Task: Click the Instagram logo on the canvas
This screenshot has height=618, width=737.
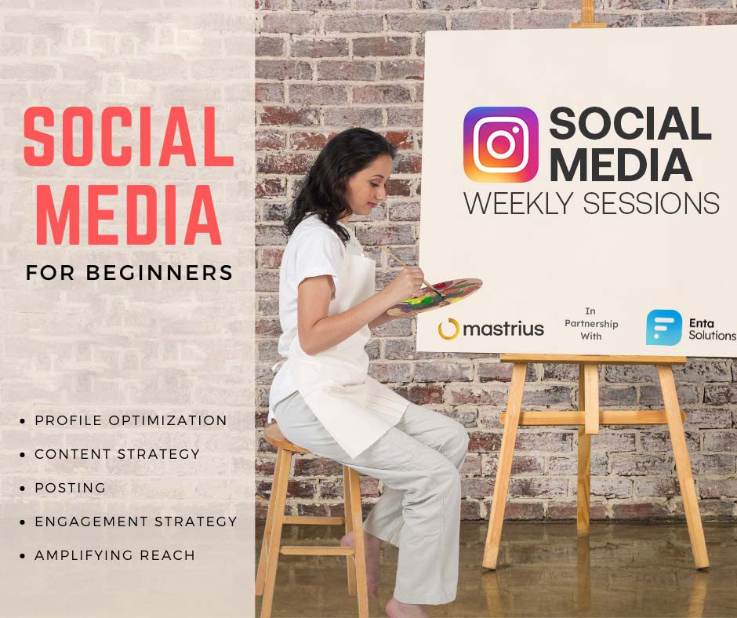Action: pyautogui.click(x=500, y=144)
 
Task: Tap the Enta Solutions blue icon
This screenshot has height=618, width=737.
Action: pyautogui.click(x=663, y=327)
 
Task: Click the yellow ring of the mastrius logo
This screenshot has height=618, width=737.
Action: pyautogui.click(x=448, y=329)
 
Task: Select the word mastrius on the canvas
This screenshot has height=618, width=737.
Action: pyautogui.click(x=503, y=329)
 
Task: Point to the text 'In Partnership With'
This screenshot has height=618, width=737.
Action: pyautogui.click(x=591, y=324)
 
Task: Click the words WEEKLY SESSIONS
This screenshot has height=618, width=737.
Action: pyautogui.click(x=591, y=204)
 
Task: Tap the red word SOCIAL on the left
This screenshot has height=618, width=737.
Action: pyautogui.click(x=129, y=136)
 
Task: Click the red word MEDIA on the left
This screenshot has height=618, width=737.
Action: pyautogui.click(x=129, y=214)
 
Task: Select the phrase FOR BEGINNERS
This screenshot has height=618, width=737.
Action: pyautogui.click(x=129, y=273)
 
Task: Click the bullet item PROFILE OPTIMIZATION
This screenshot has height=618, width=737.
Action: pyautogui.click(x=131, y=420)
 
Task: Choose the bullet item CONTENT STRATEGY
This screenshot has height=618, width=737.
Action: pyautogui.click(x=117, y=454)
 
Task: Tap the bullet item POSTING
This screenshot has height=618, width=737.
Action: pyautogui.click(x=70, y=488)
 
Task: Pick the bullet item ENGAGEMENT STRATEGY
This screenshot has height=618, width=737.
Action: pyautogui.click(x=136, y=521)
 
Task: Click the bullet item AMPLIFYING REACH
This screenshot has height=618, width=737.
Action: pyautogui.click(x=114, y=555)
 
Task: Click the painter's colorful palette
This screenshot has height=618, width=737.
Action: pyautogui.click(x=435, y=296)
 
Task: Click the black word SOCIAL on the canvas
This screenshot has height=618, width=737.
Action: pyautogui.click(x=630, y=123)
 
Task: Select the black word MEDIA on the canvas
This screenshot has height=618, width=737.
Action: pyautogui.click(x=620, y=165)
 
